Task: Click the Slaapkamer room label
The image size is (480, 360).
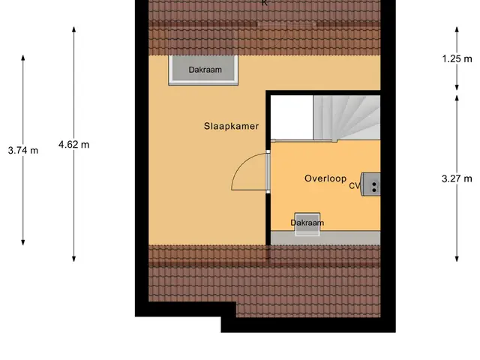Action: [231, 126]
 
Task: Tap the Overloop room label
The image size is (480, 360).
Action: [325, 178]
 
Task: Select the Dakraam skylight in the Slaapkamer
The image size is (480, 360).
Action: [203, 70]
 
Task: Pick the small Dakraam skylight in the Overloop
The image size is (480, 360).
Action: [307, 224]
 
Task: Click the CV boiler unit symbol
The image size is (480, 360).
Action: [370, 184]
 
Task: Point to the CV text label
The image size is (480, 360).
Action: [355, 186]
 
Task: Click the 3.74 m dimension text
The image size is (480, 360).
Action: [23, 151]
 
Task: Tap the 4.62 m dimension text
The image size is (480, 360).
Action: [73, 145]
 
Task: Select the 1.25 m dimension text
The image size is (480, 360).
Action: [457, 58]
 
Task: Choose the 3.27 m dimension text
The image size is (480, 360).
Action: [457, 178]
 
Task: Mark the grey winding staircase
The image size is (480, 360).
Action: [346, 118]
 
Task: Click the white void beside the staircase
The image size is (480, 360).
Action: [292, 117]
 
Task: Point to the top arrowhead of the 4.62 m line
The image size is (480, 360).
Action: [73, 30]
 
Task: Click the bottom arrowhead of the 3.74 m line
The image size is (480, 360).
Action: [23, 242]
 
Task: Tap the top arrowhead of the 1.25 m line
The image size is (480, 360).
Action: [457, 30]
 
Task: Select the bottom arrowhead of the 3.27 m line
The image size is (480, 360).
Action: [457, 259]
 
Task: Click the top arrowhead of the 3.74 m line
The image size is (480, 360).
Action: [23, 58]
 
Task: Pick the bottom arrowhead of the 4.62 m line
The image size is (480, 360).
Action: [73, 259]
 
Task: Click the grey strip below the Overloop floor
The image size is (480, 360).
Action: [325, 238]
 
